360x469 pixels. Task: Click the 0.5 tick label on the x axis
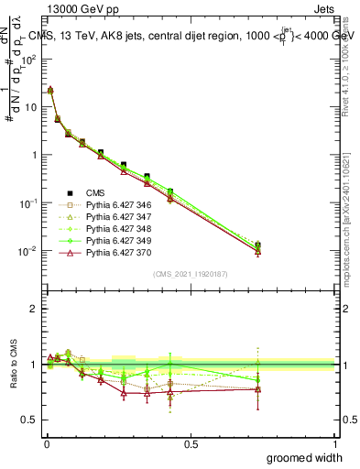coord(191,443)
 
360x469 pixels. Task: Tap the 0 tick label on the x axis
coord(47,443)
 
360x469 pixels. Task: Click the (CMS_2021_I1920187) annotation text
coord(191,273)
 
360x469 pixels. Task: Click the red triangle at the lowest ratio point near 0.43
coord(170,396)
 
